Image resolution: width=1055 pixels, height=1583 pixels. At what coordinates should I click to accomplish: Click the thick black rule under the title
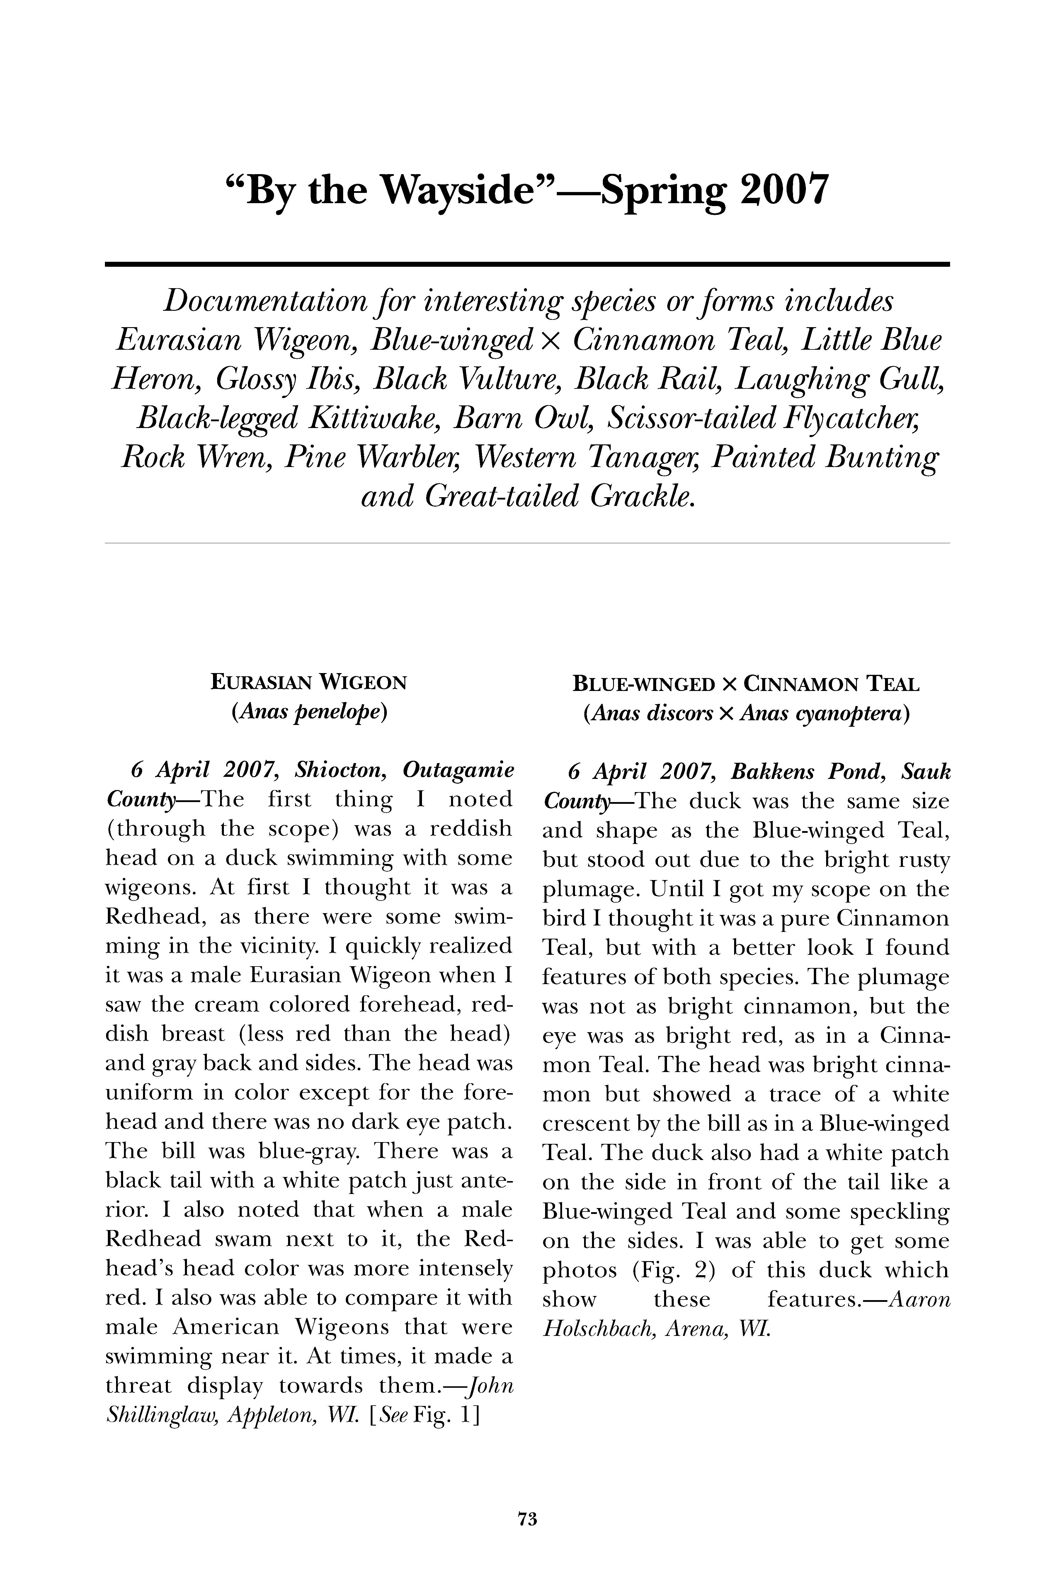coord(527,264)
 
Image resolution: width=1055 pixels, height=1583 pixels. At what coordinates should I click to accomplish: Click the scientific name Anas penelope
coord(309,712)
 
